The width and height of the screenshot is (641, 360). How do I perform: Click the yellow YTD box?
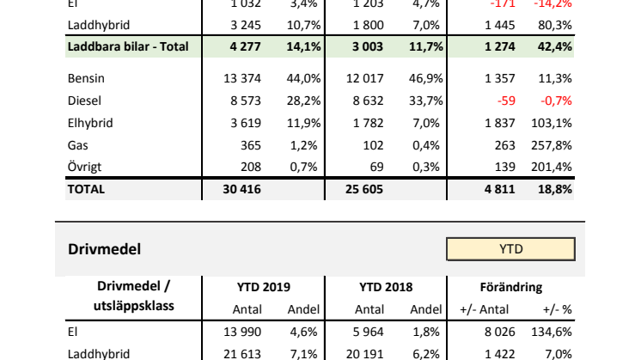[510, 249]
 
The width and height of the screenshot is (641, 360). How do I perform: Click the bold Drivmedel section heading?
[104, 249]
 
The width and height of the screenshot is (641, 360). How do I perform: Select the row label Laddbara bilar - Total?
[127, 45]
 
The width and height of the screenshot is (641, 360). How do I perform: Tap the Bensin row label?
[85, 78]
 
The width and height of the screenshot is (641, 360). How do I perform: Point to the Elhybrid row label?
[89, 123]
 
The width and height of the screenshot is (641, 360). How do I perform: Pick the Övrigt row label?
[85, 168]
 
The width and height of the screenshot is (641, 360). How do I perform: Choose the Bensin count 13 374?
[241, 78]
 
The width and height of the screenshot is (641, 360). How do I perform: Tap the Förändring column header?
[510, 287]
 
